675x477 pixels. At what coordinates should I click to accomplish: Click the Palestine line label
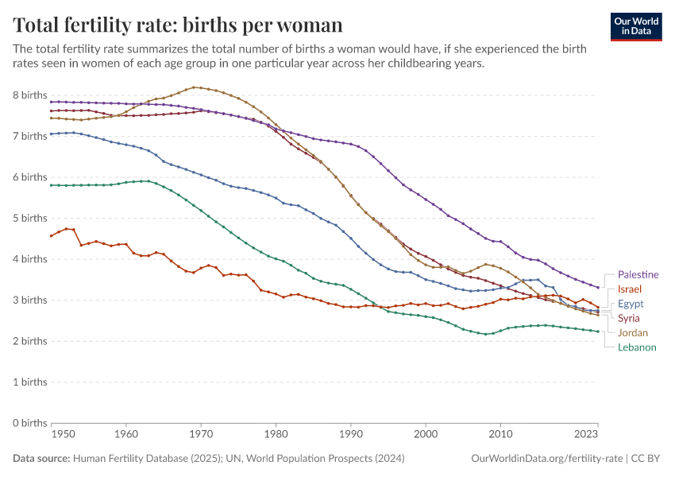pyautogui.click(x=638, y=274)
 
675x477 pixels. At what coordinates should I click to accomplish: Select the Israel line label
pyautogui.click(x=629, y=289)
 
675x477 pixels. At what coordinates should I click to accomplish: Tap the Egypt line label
pyautogui.click(x=630, y=304)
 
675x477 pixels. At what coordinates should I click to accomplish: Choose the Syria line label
pyautogui.click(x=629, y=318)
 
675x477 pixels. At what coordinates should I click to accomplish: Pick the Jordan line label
pyautogui.click(x=632, y=332)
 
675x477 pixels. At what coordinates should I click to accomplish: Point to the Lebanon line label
pyautogui.click(x=637, y=347)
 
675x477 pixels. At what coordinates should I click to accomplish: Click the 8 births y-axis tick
pyautogui.click(x=30, y=95)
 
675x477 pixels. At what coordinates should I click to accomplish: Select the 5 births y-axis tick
pyautogui.click(x=30, y=218)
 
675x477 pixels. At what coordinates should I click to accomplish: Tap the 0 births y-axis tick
pyautogui.click(x=30, y=423)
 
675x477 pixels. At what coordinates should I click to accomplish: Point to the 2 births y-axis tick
pyautogui.click(x=30, y=341)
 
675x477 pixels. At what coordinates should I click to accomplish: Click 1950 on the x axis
pyautogui.click(x=64, y=435)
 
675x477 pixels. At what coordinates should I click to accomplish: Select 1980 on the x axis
pyautogui.click(x=276, y=435)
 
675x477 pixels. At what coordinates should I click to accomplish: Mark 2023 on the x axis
pyautogui.click(x=586, y=435)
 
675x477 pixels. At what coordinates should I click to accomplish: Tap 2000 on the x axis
pyautogui.click(x=426, y=435)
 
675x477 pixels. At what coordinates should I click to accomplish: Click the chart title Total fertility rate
pyautogui.click(x=179, y=25)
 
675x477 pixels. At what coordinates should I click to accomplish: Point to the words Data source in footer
pyautogui.click(x=41, y=458)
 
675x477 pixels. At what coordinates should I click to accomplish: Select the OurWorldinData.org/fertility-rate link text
pyautogui.click(x=546, y=458)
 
